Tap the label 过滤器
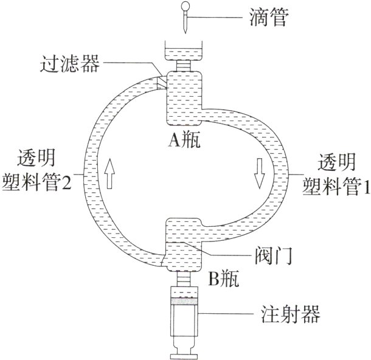pyautogui.click(x=72, y=63)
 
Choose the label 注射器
pyautogui.click(x=285, y=314)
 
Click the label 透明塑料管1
pyautogui.click(x=336, y=175)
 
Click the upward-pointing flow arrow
pyautogui.click(x=109, y=173)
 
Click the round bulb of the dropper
pyautogui.click(x=185, y=7)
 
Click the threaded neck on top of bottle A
pyautogui.click(x=185, y=64)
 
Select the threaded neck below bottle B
pyautogui.click(x=185, y=283)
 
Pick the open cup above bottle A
pyautogui.click(x=185, y=50)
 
